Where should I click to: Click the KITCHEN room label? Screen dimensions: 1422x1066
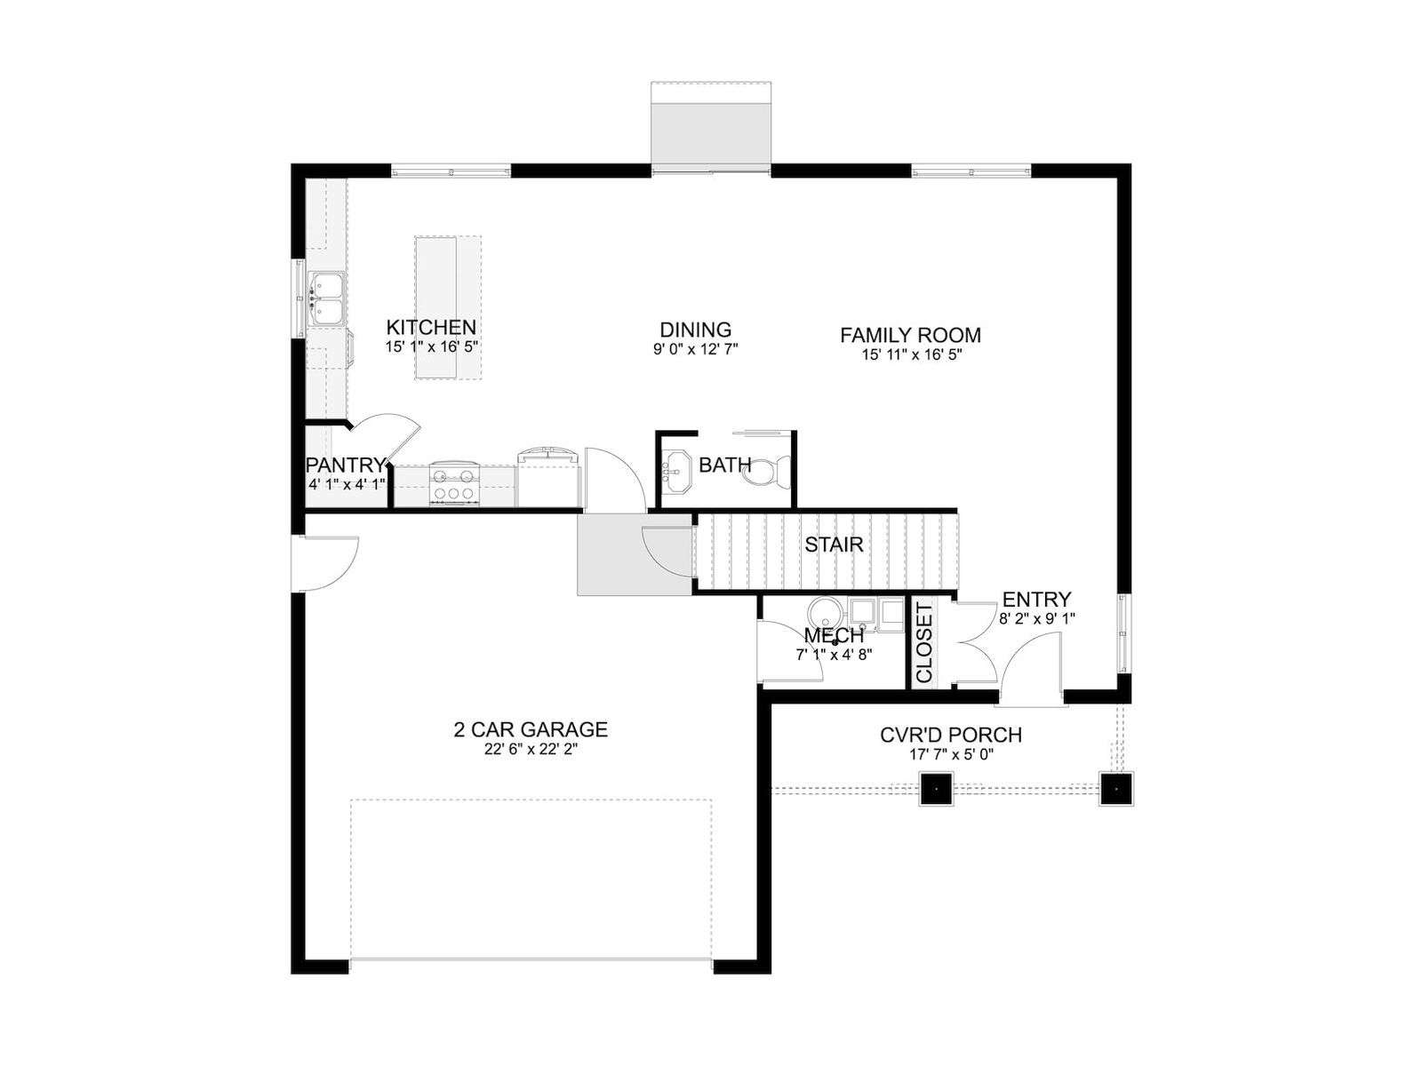[x=431, y=327]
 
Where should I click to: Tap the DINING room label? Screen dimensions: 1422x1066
[x=695, y=330]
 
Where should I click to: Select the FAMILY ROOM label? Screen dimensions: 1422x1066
[x=910, y=335]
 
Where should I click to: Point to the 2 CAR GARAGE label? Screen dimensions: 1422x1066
[x=530, y=729]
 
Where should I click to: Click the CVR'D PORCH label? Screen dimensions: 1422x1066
[x=951, y=735]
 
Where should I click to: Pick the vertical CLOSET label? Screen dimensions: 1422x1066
[x=924, y=642]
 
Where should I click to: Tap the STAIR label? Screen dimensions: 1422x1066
[x=834, y=545]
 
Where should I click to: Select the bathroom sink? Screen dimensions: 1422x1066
[x=676, y=473]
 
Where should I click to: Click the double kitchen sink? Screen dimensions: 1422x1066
[x=329, y=298]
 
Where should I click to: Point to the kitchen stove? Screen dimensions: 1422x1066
[x=454, y=483]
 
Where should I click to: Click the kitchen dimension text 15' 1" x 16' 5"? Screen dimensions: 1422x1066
[x=431, y=346]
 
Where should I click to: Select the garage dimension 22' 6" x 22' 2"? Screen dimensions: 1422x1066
[x=531, y=749]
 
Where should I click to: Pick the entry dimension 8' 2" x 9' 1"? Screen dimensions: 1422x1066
[x=1036, y=618]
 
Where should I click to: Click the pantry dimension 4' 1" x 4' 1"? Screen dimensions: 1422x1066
[x=348, y=484]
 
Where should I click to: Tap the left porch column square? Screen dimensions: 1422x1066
[x=936, y=788]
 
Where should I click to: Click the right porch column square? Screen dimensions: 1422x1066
[x=1116, y=788]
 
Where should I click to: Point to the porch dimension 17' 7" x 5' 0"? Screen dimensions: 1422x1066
[x=951, y=753]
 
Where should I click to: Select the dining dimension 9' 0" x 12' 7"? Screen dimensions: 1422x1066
[x=696, y=349]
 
